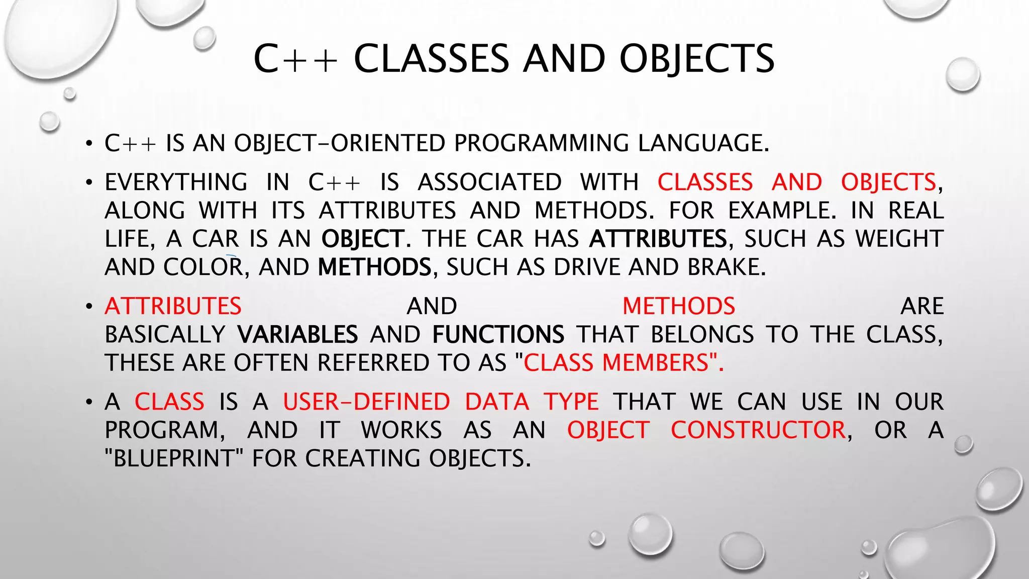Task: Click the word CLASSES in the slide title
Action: click(432, 59)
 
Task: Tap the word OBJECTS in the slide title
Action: click(697, 59)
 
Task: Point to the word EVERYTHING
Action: click(176, 182)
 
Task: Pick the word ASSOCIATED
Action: click(490, 182)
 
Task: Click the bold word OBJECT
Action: click(363, 239)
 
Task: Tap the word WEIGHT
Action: click(899, 239)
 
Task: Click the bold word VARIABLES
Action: click(297, 335)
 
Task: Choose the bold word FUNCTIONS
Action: click(498, 335)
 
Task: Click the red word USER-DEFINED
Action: click(366, 402)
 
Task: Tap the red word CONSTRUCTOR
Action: click(759, 430)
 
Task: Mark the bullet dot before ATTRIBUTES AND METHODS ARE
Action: click(89, 307)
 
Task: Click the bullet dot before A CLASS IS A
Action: click(89, 402)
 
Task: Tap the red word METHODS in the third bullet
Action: click(679, 307)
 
